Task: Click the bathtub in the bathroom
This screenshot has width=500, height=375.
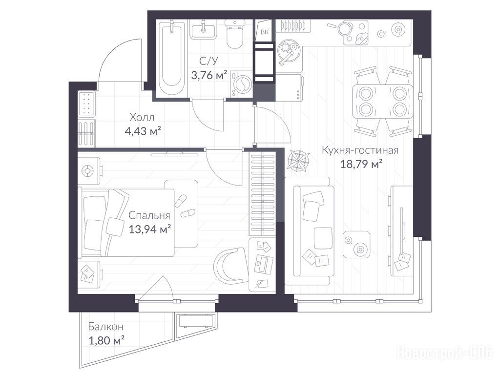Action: pyautogui.click(x=171, y=59)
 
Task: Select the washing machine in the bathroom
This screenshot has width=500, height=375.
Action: pyautogui.click(x=241, y=83)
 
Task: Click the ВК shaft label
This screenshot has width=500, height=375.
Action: pyautogui.click(x=265, y=32)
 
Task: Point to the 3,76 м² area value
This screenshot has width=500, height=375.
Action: pyautogui.click(x=209, y=75)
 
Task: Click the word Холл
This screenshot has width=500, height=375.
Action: pyautogui.click(x=142, y=117)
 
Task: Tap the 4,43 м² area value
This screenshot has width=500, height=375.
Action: pyautogui.click(x=143, y=131)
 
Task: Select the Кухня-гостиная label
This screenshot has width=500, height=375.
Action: pyautogui.click(x=360, y=150)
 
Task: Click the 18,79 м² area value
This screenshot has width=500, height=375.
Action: pyautogui.click(x=361, y=164)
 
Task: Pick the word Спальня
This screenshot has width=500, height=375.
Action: pyautogui.click(x=149, y=215)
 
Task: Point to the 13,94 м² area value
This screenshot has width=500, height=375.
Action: pyautogui.click(x=149, y=229)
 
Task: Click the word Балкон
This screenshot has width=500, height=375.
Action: pyautogui.click(x=106, y=327)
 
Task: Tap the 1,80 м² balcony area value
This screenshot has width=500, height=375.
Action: pyautogui.click(x=106, y=340)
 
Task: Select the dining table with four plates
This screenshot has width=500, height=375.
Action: pyautogui.click(x=382, y=102)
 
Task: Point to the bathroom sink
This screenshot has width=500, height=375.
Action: pyautogui.click(x=203, y=30)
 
